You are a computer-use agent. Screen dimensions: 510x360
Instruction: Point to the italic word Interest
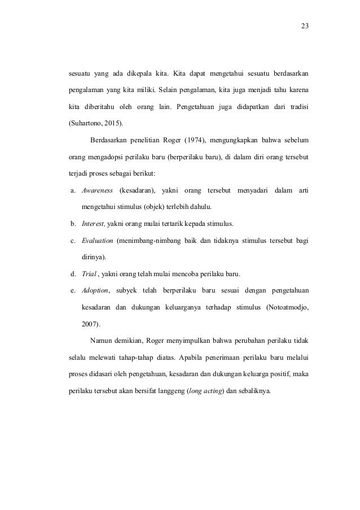(x=94, y=222)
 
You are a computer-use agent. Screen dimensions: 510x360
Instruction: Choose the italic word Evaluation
(x=97, y=241)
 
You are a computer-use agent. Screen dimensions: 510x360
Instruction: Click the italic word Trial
(x=90, y=274)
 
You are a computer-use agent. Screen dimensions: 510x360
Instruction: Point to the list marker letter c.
(x=73, y=241)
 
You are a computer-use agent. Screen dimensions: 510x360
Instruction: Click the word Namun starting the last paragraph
(x=103, y=341)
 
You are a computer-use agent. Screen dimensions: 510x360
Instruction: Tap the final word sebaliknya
(x=254, y=391)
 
